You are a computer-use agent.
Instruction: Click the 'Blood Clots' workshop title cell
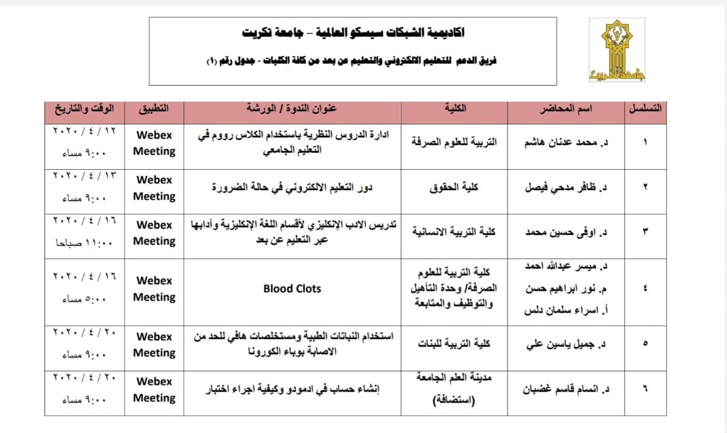click(292, 289)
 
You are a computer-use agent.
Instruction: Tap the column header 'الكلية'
click(453, 108)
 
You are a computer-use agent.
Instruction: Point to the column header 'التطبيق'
click(154, 108)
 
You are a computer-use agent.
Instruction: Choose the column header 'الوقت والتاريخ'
click(84, 108)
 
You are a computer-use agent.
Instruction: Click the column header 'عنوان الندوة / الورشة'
click(292, 108)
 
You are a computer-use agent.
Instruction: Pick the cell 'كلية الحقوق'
click(453, 187)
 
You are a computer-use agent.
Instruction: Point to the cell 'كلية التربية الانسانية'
click(453, 232)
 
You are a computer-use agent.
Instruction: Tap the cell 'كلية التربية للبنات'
click(453, 343)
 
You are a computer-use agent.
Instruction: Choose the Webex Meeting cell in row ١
click(154, 143)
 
